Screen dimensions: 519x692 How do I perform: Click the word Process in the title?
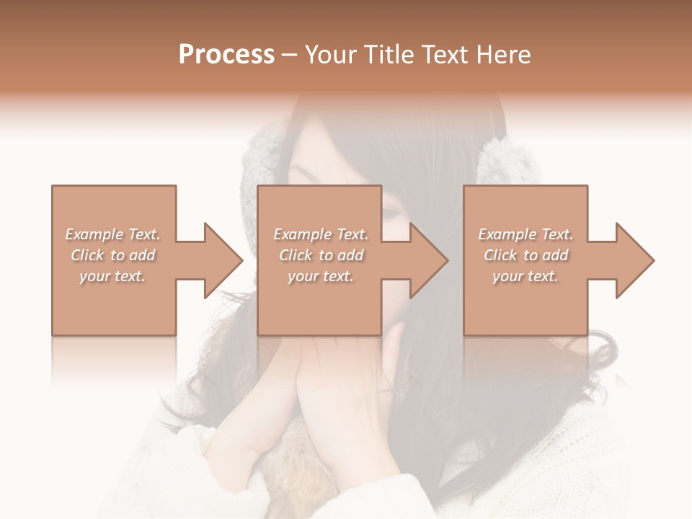point(226,55)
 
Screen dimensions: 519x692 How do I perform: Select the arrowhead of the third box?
point(634,260)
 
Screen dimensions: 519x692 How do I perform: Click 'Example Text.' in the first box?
point(112,234)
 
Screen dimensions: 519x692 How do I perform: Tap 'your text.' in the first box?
point(112,276)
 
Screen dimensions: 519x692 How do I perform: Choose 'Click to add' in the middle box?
point(321,255)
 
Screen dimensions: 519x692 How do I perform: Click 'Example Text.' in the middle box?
point(321,234)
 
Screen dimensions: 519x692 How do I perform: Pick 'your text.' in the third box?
point(525,276)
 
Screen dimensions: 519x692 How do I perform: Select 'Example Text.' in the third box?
point(525,234)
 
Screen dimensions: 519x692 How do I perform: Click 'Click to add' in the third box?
point(525,255)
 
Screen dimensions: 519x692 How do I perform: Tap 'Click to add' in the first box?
point(112,255)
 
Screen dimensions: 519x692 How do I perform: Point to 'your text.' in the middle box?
point(321,276)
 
